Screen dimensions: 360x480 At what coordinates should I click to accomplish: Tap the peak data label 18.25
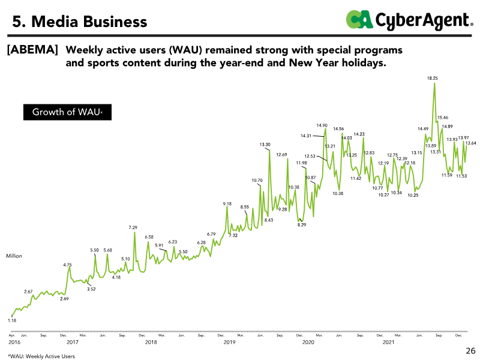433,78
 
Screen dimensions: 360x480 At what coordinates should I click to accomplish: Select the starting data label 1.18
12,321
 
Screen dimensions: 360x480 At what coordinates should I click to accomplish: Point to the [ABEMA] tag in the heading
32,50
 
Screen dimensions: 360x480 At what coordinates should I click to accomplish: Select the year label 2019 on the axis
229,342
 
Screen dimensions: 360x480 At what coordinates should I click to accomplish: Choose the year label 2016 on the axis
14,342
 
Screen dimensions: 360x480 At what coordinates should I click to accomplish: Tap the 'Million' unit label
14,256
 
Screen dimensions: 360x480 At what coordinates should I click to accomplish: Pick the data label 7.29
133,227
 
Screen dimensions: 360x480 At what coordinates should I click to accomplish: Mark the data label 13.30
265,145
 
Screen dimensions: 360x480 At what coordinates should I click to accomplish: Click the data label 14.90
322,125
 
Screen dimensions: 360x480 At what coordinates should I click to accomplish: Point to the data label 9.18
227,204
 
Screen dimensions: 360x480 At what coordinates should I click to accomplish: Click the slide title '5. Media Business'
80,22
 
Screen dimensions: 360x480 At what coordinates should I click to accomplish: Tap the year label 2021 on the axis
388,342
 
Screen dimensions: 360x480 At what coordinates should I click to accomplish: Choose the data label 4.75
67,265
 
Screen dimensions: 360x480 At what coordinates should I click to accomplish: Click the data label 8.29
302,224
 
